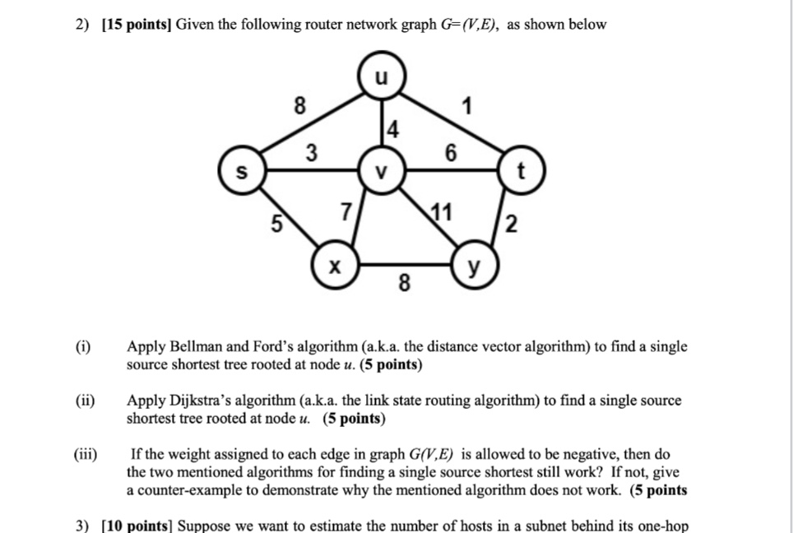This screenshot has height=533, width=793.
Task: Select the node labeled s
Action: point(241,172)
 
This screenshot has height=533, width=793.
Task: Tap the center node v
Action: point(379,172)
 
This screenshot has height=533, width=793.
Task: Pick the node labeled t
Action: point(521,172)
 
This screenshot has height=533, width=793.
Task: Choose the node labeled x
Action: point(333,266)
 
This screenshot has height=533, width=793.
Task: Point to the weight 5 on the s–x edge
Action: point(278,221)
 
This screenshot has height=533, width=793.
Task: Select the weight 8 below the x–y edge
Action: point(402,285)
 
